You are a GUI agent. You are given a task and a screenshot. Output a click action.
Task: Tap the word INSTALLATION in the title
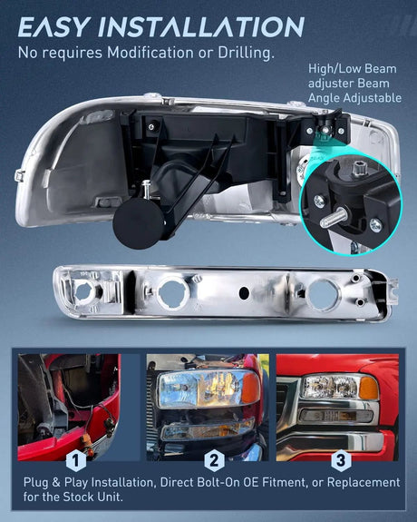coord(201,26)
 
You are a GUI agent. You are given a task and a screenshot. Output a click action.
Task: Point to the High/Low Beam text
coord(353,69)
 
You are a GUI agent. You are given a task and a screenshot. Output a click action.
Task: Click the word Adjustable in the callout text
coord(373,98)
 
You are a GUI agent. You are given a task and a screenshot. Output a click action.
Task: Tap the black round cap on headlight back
coord(139,223)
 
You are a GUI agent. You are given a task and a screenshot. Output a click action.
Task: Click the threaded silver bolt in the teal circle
coord(334,217)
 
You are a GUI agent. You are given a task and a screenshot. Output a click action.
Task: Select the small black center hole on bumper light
coord(244,292)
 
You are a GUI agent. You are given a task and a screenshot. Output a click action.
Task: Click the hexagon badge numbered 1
coord(76,460)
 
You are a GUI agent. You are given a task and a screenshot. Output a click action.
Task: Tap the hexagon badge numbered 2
coord(214,460)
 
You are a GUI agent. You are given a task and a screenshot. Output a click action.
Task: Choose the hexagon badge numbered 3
coord(341,460)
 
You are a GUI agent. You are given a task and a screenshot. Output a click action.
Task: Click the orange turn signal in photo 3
coord(368,388)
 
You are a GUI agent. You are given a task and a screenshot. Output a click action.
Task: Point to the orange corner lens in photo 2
coord(250,388)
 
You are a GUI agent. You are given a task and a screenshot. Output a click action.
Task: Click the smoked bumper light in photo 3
coord(335,416)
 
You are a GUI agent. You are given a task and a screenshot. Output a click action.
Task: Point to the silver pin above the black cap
coord(146,189)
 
